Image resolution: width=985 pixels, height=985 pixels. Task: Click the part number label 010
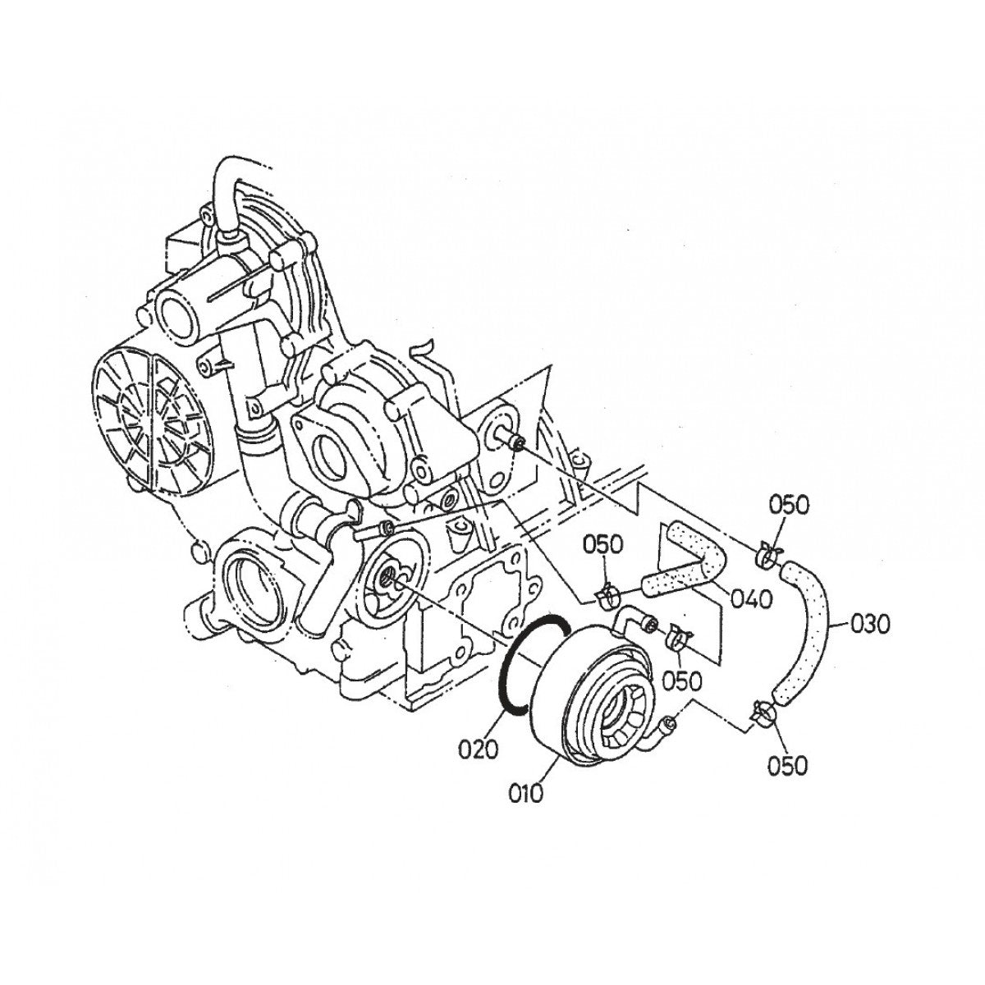(525, 794)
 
